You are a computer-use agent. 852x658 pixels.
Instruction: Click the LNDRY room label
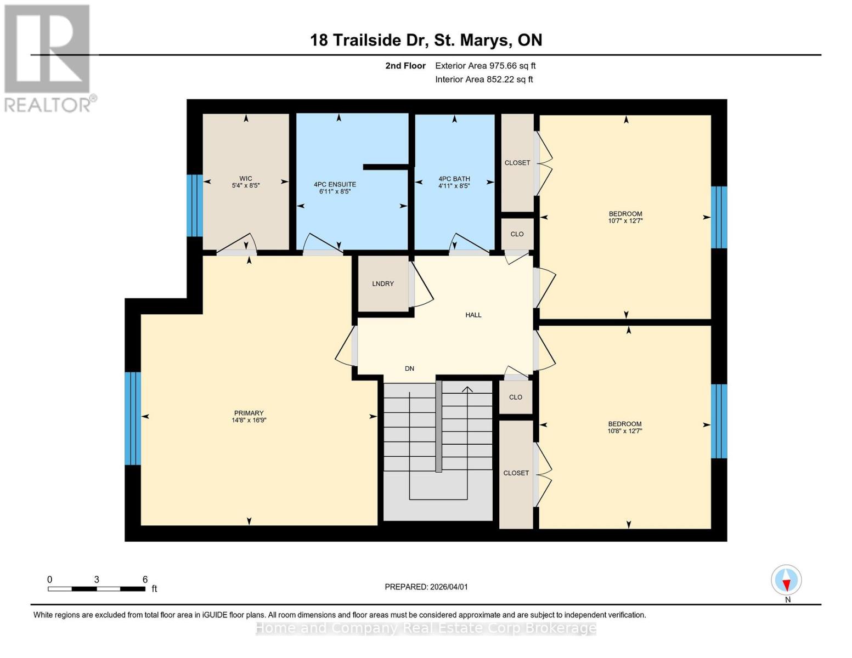(382, 283)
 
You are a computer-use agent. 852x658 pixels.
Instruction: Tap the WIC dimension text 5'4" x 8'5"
(246, 186)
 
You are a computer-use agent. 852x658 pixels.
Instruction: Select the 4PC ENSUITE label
(335, 184)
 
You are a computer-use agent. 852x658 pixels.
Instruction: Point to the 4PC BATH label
(454, 179)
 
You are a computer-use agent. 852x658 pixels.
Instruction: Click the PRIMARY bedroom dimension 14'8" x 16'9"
(249, 421)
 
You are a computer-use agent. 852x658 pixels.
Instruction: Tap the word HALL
(473, 315)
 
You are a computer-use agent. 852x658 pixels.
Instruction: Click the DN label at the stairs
(409, 368)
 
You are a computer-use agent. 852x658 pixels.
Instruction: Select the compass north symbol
(786, 580)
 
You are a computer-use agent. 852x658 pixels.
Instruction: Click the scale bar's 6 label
(145, 580)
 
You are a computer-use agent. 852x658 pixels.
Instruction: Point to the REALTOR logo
(48, 58)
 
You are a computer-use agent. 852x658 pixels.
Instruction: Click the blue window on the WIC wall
(195, 206)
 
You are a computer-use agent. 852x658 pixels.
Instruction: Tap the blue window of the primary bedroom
(133, 418)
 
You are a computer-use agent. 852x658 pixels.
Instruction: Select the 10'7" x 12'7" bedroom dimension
(625, 221)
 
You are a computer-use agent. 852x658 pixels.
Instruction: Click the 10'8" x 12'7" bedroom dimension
(625, 431)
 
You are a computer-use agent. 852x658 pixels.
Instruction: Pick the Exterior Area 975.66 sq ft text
(485, 66)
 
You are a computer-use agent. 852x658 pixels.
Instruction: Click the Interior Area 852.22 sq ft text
(484, 80)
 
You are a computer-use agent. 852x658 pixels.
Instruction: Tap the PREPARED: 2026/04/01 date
(426, 587)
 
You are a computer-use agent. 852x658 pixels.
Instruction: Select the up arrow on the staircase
(467, 390)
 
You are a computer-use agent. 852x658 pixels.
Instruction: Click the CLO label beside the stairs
(515, 397)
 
